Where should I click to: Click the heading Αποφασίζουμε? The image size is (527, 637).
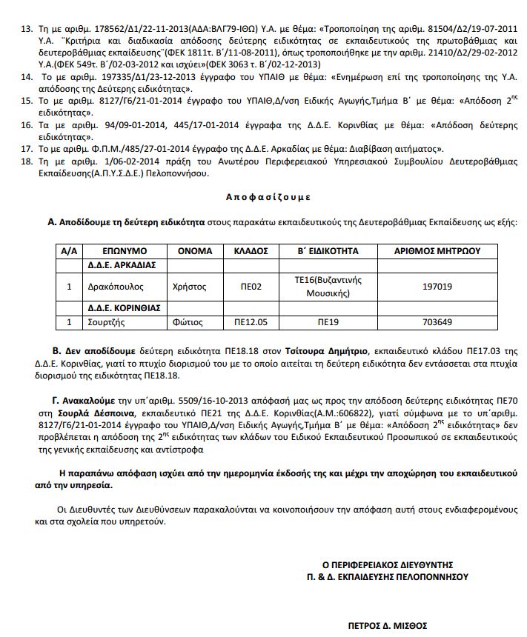[x=268, y=198]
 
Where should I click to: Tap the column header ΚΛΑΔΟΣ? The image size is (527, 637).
[x=251, y=251]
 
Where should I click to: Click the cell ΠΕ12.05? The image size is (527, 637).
[x=251, y=322]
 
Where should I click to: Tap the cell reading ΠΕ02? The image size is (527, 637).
[x=251, y=286]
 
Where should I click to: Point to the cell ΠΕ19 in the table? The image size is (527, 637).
[x=328, y=322]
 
